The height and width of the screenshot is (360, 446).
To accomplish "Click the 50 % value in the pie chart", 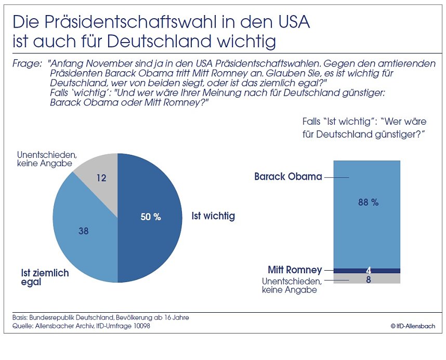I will point(151,217).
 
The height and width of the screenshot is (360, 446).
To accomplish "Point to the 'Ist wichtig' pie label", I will point(213,216).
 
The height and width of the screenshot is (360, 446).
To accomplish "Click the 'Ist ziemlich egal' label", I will point(45,277).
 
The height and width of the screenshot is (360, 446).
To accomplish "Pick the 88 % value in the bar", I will point(368,203).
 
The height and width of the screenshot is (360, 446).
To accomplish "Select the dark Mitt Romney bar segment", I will point(367,271).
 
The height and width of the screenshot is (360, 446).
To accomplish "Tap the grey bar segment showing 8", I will point(367,278).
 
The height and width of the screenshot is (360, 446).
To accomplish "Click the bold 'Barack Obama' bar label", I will point(288,177).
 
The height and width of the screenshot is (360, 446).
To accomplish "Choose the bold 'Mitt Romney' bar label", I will point(295,270).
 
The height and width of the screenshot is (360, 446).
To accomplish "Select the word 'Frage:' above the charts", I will point(25,64).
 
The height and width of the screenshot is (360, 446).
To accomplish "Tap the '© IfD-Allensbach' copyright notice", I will point(413,326).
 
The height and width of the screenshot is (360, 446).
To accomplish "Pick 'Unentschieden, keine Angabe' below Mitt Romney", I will point(292,285).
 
